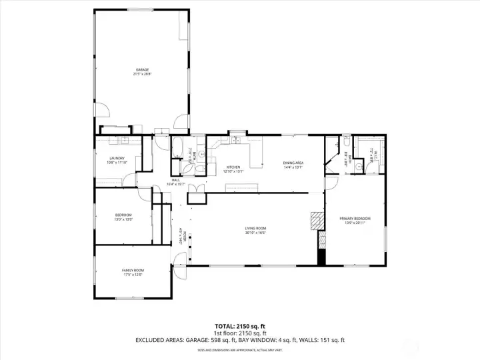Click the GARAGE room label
coord(142,69)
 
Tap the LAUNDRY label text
coord(117,158)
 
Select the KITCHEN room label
coord(233,167)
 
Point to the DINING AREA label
coord(293,163)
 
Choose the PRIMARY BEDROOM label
coord(355,219)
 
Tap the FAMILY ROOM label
coord(133,270)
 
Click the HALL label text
coord(176,179)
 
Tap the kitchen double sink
coord(236,141)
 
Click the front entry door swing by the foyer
coord(179,264)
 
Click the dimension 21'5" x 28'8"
coord(142,74)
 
